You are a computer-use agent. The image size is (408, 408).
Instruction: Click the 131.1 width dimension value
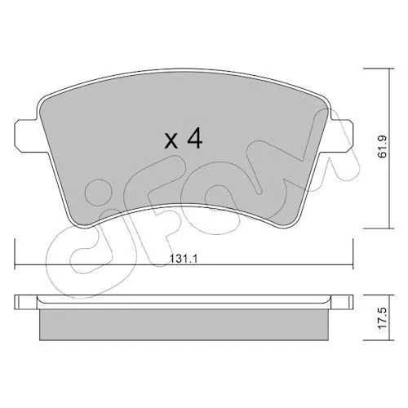[183, 259]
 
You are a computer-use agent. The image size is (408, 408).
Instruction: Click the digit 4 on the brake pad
[195, 138]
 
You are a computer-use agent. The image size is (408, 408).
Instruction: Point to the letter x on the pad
[171, 141]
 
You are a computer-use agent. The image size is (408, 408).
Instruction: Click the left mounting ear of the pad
[25, 135]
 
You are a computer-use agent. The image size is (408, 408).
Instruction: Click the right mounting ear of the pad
[342, 135]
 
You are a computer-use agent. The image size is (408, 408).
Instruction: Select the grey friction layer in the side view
[184, 325]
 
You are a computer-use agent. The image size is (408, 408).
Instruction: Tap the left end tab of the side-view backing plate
[25, 302]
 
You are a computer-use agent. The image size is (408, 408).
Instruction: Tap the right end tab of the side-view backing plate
[342, 302]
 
